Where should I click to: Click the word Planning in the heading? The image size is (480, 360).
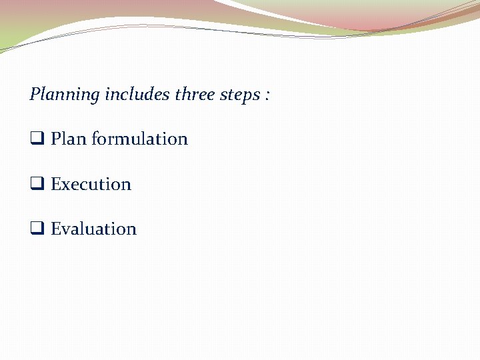tap(64, 95)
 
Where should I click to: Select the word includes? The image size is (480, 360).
tap(137, 94)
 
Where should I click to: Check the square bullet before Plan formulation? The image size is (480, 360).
tap(37, 139)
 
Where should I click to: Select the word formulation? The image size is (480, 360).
tap(139, 139)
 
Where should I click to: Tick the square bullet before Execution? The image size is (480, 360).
tap(37, 185)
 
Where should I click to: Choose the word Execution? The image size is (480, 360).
tap(91, 184)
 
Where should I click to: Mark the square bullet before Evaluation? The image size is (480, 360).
tap(37, 229)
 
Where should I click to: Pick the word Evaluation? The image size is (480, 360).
tap(93, 229)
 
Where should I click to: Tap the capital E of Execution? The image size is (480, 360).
tap(55, 184)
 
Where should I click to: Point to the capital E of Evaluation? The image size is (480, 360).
tap(55, 229)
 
